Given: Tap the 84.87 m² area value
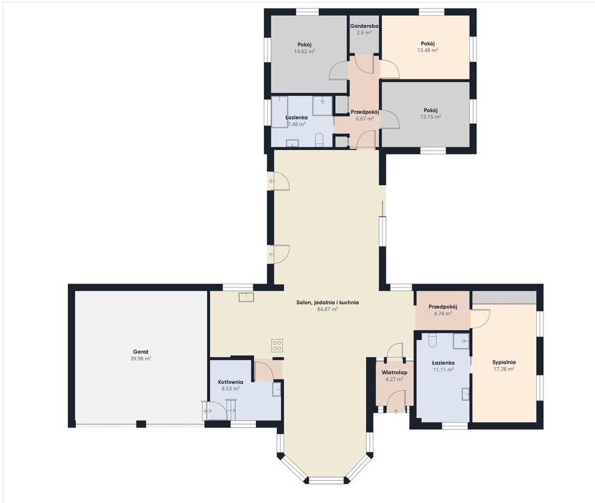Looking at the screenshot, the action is coord(327,309).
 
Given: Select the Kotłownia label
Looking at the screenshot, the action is coord(230,382).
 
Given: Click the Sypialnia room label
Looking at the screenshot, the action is coord(504,362).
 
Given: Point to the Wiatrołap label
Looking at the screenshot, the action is coord(394,373).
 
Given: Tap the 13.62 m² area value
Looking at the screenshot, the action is coord(305,51).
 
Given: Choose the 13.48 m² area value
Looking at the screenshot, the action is coord(427,50).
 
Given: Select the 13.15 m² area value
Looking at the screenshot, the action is coord(431,117).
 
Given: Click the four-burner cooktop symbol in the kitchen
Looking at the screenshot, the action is coord(277,345).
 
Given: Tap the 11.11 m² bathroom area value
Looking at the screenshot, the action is coord(443,369).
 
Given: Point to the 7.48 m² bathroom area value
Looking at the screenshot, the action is coord(297,124).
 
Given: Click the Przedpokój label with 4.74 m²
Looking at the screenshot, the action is coord(443,307).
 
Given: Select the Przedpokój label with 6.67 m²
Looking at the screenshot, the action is coord(365,112).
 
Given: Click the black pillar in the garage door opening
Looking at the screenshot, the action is coord(141,424).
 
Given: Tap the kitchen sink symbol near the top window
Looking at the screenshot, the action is coord(246,297).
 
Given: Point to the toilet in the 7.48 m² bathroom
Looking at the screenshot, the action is coord(319,140).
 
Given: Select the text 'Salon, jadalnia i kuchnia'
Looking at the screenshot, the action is coord(327,303).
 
